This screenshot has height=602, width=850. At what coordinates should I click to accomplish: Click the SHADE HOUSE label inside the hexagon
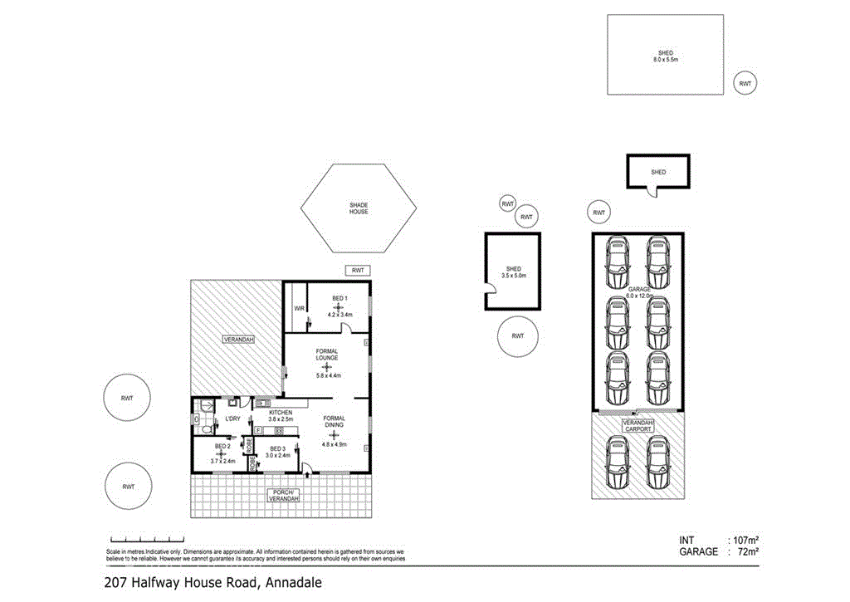[x=358, y=208]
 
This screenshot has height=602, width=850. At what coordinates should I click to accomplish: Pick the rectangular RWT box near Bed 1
[x=358, y=271]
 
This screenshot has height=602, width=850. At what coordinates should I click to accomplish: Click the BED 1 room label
[x=339, y=298]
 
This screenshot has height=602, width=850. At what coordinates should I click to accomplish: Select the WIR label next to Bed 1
[x=300, y=309]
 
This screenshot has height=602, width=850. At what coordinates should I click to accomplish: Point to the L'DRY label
[x=232, y=418]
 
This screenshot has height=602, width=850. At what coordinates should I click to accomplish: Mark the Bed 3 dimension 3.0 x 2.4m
[x=278, y=456]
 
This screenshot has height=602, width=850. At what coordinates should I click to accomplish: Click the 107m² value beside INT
[x=744, y=539]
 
